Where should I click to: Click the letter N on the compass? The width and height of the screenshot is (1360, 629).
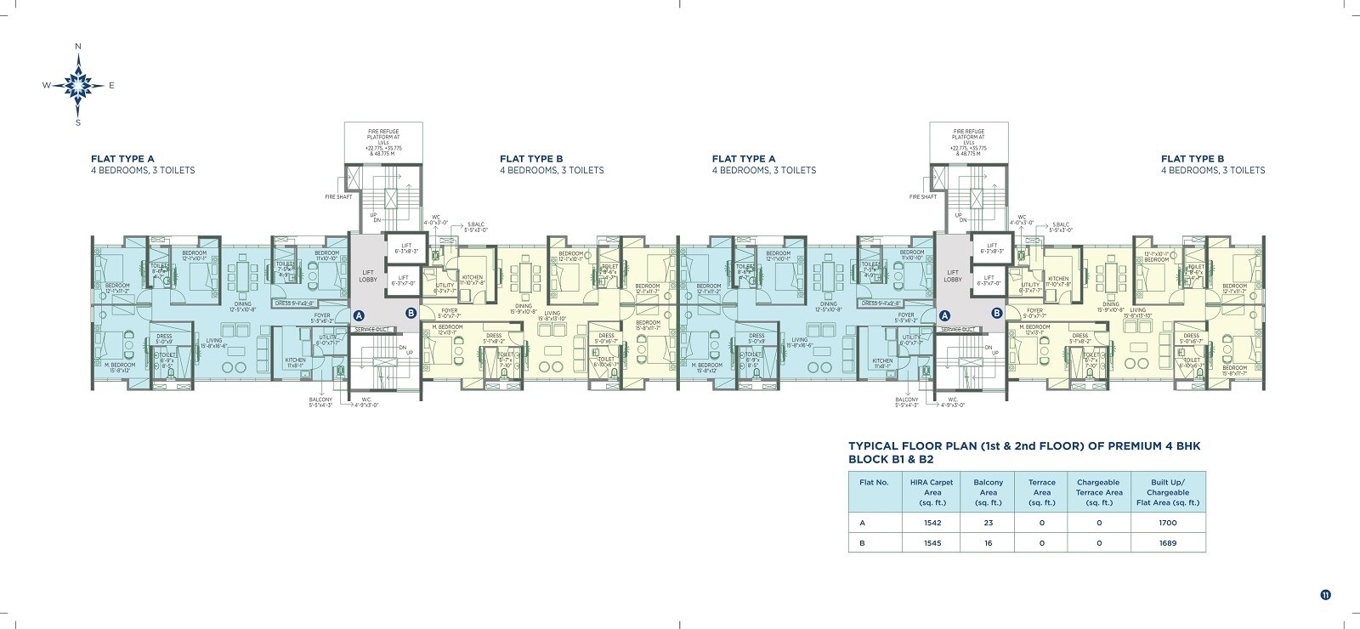(x=77, y=46)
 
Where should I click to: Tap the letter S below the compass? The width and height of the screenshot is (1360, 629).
(x=78, y=122)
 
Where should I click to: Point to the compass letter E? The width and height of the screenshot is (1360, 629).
(x=111, y=85)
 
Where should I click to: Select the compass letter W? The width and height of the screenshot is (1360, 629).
(x=47, y=85)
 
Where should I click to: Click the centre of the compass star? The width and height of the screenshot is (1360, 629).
(x=78, y=84)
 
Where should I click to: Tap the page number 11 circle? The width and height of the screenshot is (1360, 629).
(x=1325, y=594)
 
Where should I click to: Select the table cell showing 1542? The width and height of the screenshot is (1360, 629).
(x=932, y=523)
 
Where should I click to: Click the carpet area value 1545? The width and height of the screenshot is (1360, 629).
(x=932, y=542)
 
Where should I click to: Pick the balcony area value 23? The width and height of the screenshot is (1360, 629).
(x=989, y=523)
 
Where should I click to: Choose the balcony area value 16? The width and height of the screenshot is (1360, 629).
(x=989, y=542)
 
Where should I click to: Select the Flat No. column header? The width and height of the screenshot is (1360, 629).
(x=874, y=482)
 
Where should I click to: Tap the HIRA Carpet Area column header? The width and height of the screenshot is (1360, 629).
(x=932, y=492)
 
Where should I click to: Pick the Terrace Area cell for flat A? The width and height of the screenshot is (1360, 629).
(x=1041, y=523)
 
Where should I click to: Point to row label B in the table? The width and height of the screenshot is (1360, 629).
(x=862, y=542)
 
